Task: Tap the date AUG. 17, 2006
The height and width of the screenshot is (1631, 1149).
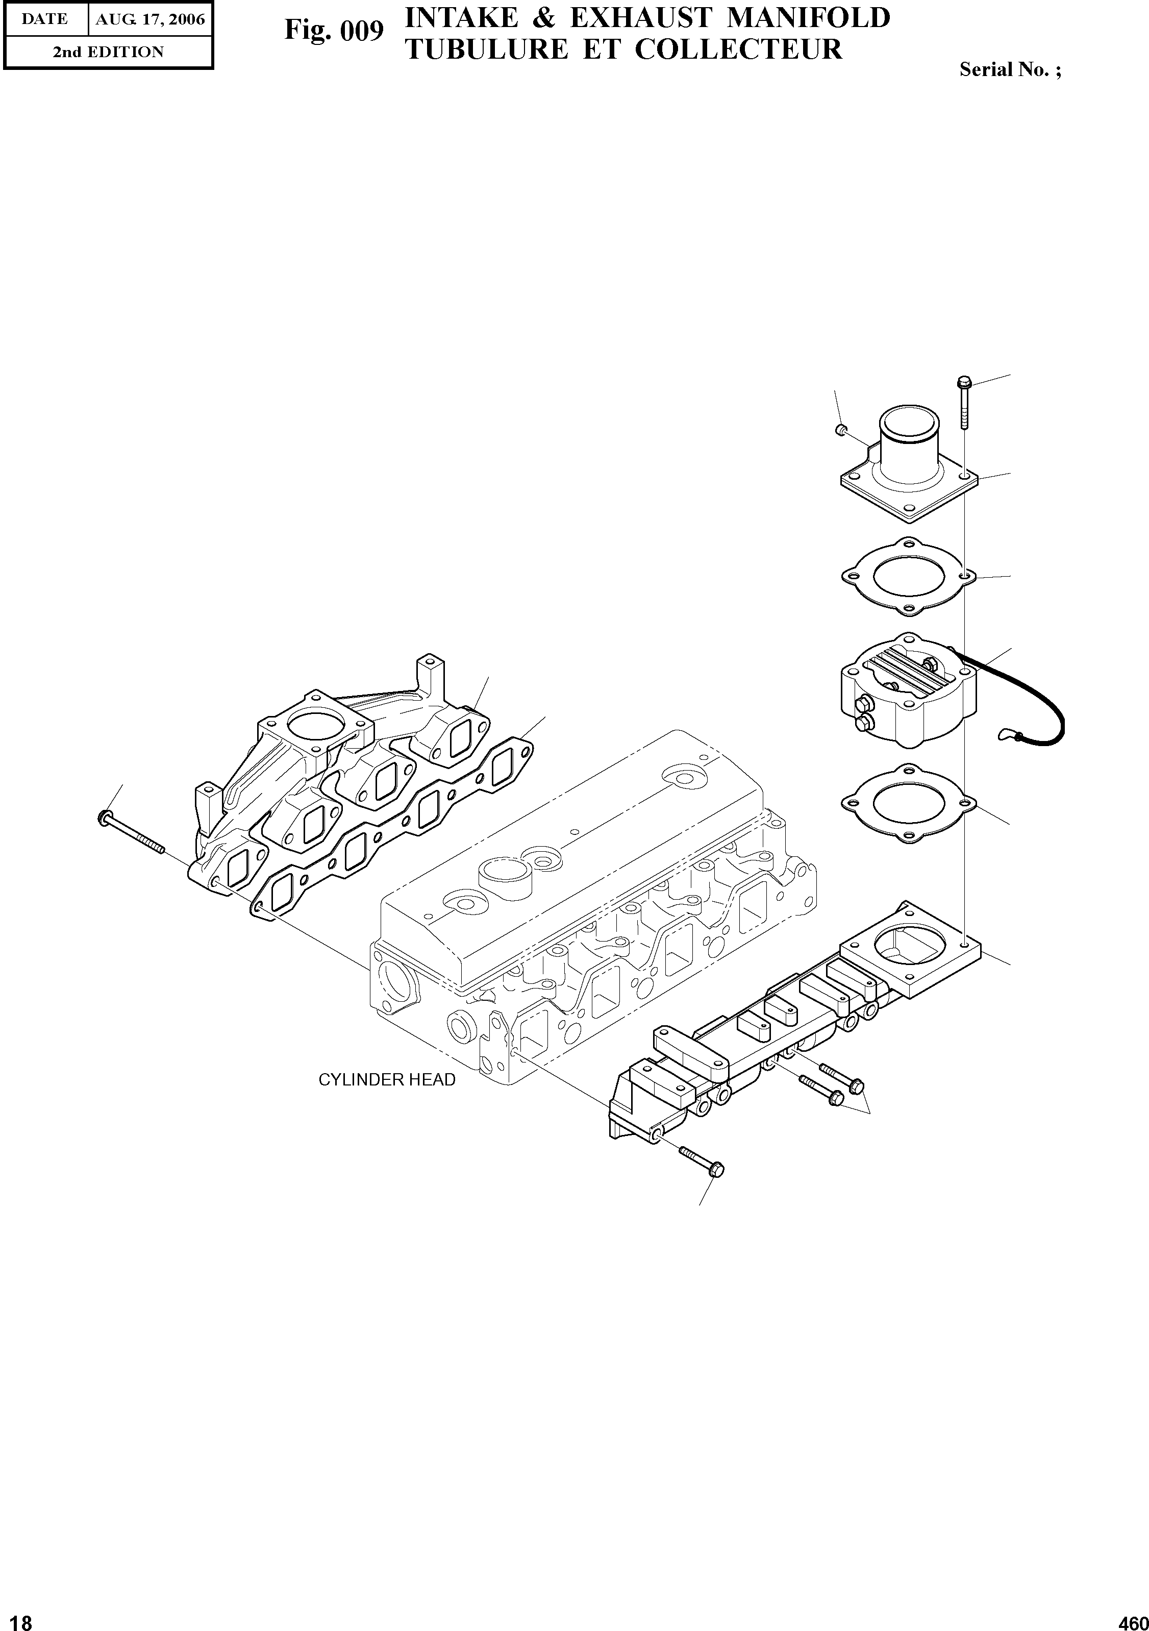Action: pyautogui.click(x=150, y=20)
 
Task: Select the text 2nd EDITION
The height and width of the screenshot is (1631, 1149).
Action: pyautogui.click(x=108, y=52)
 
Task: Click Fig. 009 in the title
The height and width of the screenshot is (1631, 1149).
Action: pyautogui.click(x=334, y=31)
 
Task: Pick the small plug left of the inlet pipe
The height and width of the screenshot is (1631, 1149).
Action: pyautogui.click(x=840, y=429)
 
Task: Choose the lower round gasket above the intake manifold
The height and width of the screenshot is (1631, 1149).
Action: pyautogui.click(x=906, y=803)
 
